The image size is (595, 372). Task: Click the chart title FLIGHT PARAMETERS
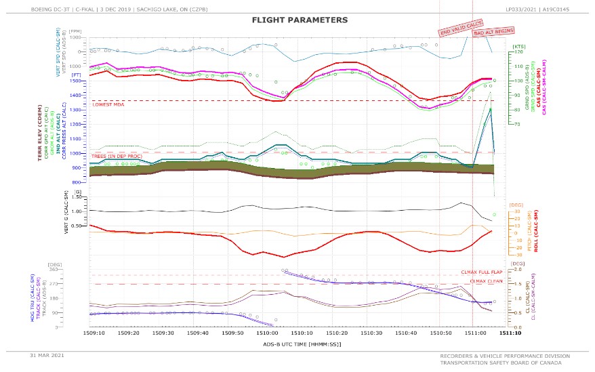point(300,20)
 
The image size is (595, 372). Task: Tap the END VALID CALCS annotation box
point(461,28)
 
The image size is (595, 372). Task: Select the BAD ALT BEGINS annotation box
point(493,31)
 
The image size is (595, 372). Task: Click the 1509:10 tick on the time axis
point(94,333)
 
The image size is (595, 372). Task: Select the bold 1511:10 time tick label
point(510,333)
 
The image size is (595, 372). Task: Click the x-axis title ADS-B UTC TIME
point(302,344)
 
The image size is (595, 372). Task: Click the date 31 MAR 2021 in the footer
point(46,355)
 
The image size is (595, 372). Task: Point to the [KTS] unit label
point(518,45)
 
